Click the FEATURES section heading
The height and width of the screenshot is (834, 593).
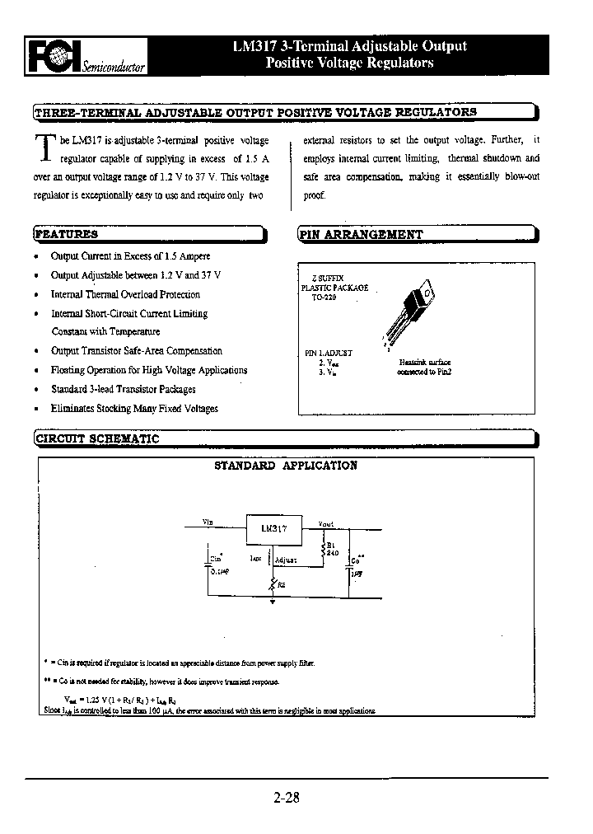coord(66,234)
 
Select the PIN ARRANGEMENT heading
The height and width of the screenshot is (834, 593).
coord(361,234)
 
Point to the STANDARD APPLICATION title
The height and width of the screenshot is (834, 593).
coord(286,466)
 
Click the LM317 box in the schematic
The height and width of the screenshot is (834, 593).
coord(274,530)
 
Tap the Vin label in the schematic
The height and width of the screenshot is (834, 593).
coord(208,522)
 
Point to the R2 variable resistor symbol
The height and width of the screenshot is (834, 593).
coord(273,583)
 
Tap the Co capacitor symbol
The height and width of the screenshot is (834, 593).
coord(351,565)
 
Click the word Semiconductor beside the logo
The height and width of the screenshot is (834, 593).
coord(113,67)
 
